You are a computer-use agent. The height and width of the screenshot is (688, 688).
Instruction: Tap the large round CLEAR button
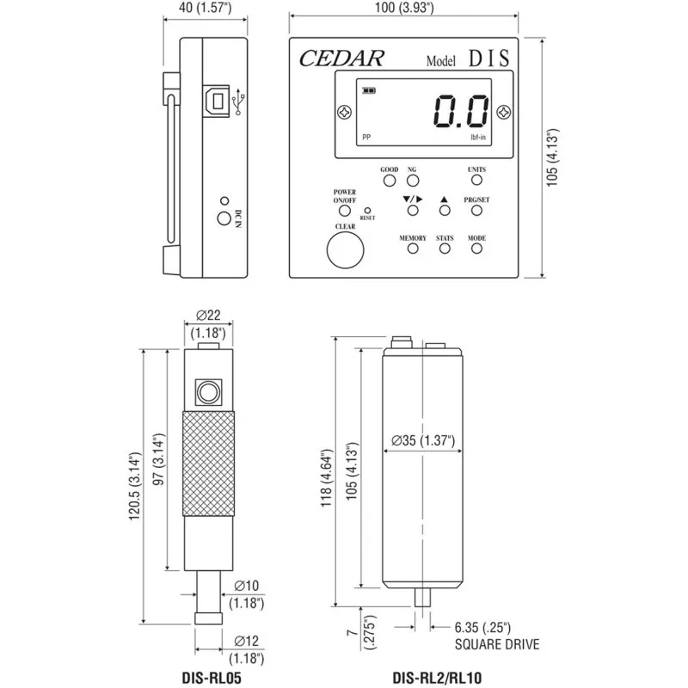(x=345, y=251)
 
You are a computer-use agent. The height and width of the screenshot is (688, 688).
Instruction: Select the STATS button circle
(x=445, y=249)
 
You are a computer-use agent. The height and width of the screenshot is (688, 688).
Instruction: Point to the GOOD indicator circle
(x=389, y=181)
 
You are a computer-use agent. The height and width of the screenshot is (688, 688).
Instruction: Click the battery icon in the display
(x=370, y=89)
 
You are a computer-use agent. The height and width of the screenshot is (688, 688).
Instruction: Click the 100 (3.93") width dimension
(x=404, y=9)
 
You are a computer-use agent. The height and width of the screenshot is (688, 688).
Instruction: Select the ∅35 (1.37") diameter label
(x=422, y=440)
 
